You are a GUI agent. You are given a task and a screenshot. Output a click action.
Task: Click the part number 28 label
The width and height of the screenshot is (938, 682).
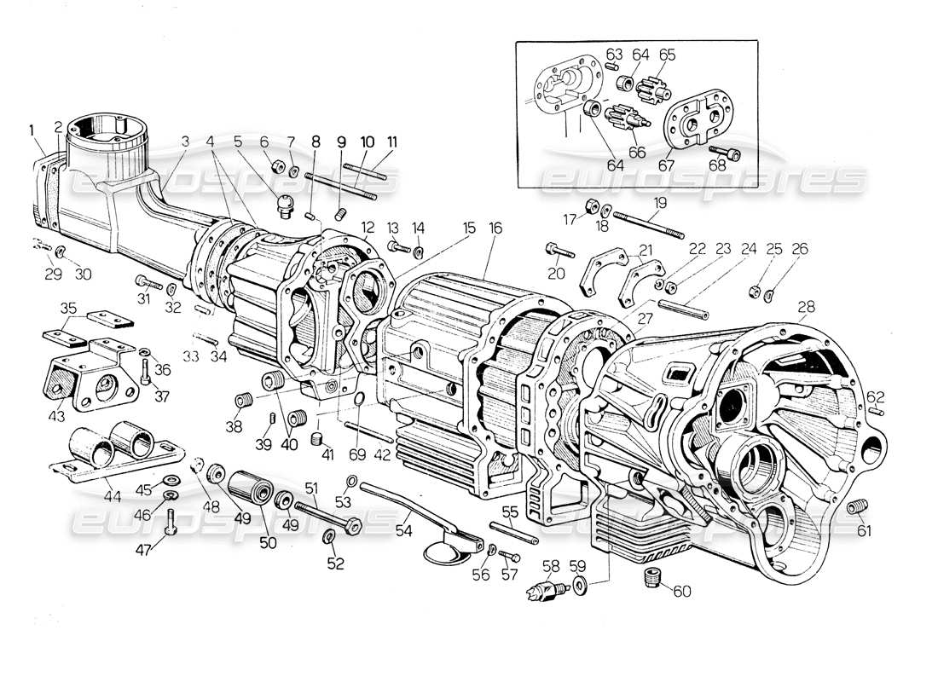(805, 306)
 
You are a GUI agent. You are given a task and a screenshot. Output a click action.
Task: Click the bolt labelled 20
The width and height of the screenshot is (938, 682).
(556, 251)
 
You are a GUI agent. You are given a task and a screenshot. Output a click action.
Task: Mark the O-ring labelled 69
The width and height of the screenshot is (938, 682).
(359, 401)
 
